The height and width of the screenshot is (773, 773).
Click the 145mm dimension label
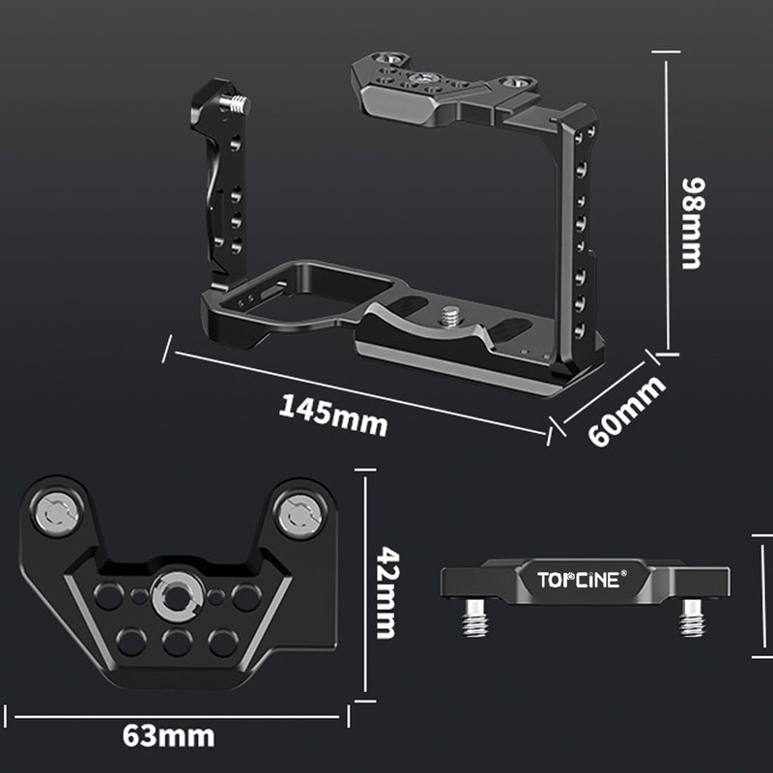tap(333, 414)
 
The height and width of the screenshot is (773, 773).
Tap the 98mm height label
tap(691, 222)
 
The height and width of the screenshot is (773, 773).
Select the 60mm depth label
tap(627, 411)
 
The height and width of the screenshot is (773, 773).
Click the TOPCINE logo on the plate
tap(579, 580)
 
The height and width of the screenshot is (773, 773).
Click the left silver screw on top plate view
tap(56, 515)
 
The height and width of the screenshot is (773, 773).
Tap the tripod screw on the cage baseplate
tap(450, 314)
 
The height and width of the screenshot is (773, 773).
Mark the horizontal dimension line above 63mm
tap(178, 717)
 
